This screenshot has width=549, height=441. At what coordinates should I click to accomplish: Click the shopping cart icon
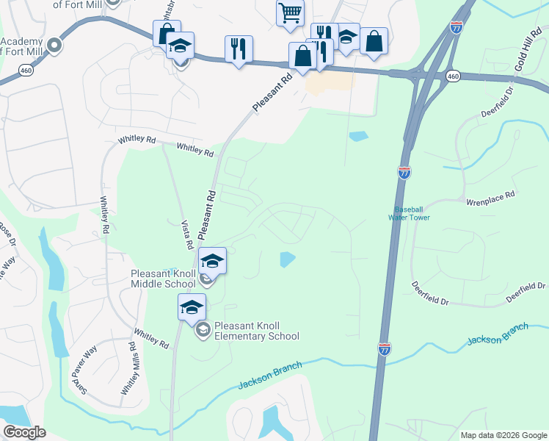pos(290,12)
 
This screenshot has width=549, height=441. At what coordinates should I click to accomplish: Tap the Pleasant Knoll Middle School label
pos(163,279)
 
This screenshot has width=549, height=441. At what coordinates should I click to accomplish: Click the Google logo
pos(24,432)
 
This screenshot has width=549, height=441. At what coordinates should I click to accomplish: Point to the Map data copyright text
pos(503,435)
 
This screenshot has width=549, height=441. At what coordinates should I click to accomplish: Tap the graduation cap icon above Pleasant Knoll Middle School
pos(212,261)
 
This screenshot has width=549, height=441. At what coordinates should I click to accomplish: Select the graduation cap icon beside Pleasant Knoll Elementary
pos(192,306)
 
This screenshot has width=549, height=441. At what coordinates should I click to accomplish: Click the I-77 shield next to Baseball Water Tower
pos(404,173)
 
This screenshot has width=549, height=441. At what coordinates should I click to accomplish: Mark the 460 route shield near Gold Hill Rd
pos(453,76)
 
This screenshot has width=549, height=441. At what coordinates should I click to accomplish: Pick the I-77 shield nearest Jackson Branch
pos(385,350)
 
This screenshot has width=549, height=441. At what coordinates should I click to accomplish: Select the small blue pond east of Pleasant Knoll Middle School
pos(287,259)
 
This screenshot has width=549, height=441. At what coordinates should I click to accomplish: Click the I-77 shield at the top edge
pos(457,27)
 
